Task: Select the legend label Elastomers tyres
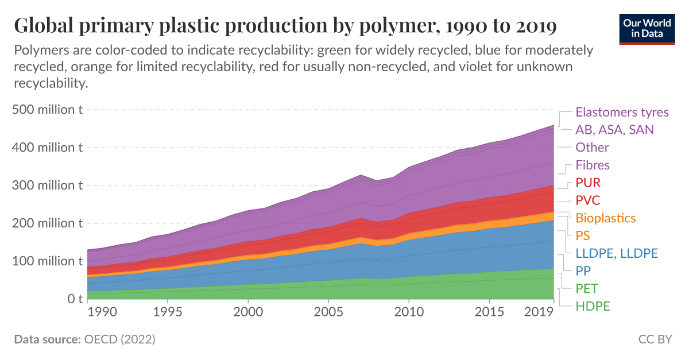pos(622,112)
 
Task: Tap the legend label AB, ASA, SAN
pos(614,130)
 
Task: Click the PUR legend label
pos(588,183)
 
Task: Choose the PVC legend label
pos(588,200)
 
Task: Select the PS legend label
pos(583,236)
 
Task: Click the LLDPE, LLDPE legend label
pos(617,253)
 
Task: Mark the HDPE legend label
pos(593,306)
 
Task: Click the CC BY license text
pos(655,340)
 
